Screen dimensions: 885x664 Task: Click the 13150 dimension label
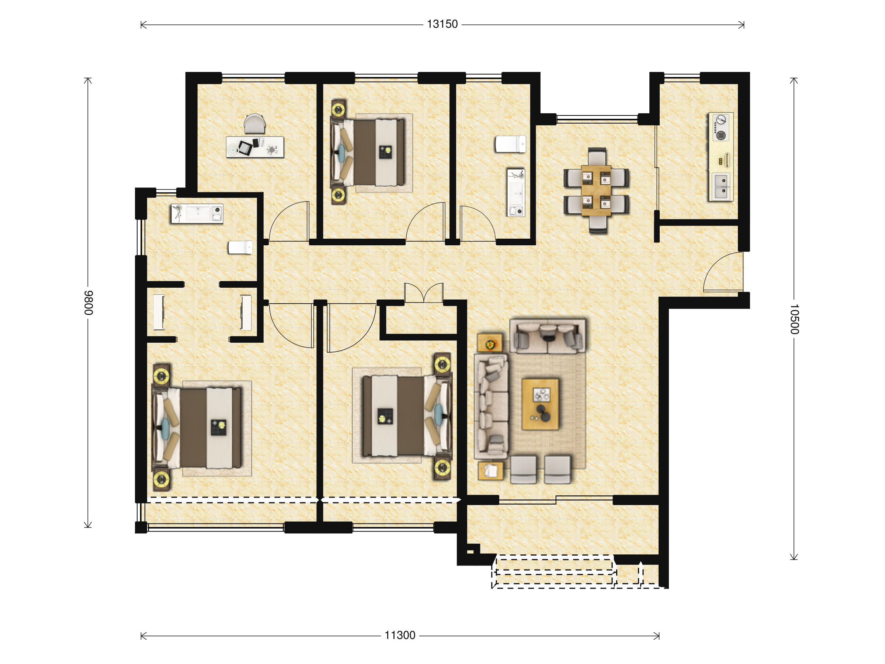(442, 24)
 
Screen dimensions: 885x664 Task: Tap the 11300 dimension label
(400, 636)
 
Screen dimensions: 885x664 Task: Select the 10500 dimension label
(794, 319)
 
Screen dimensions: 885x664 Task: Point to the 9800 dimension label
(88, 303)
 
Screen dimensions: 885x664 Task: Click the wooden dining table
(596, 190)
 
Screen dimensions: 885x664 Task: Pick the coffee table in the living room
(541, 404)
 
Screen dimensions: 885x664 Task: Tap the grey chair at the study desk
(255, 124)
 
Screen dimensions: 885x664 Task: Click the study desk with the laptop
(255, 147)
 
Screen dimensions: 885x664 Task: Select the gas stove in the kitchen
(721, 127)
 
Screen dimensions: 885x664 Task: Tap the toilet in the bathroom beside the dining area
(510, 144)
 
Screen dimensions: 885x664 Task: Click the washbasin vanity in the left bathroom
(197, 213)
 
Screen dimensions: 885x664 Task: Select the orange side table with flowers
(490, 343)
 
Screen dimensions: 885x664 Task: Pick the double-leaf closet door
(424, 293)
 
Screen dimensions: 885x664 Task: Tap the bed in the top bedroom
(368, 152)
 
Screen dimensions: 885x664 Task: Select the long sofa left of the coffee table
(491, 406)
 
